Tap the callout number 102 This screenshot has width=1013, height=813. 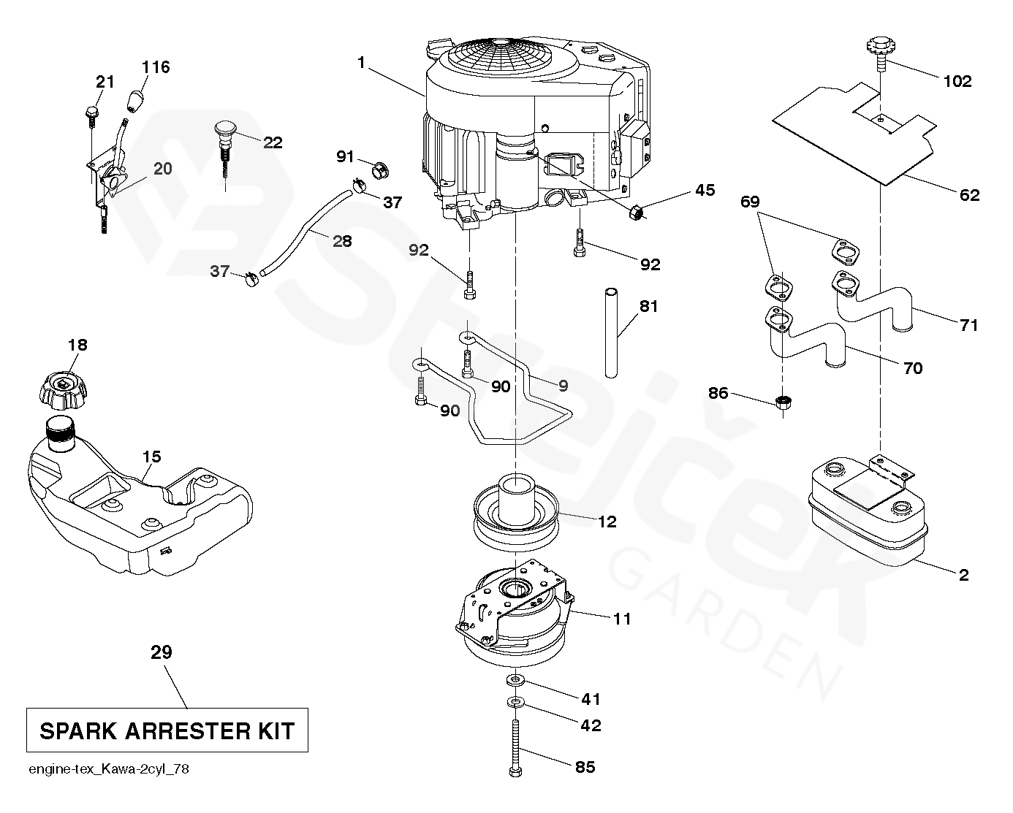[x=957, y=81]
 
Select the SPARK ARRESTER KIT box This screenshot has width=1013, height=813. [x=167, y=730]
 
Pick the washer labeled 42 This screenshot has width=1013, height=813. [x=516, y=703]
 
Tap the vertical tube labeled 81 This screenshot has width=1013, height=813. [x=611, y=333]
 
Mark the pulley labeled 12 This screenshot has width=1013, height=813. [x=516, y=511]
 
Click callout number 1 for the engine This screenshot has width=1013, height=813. [x=361, y=63]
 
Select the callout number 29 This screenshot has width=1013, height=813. [x=161, y=652]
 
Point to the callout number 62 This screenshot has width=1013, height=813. [x=969, y=195]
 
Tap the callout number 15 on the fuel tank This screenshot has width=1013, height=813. [x=151, y=457]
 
